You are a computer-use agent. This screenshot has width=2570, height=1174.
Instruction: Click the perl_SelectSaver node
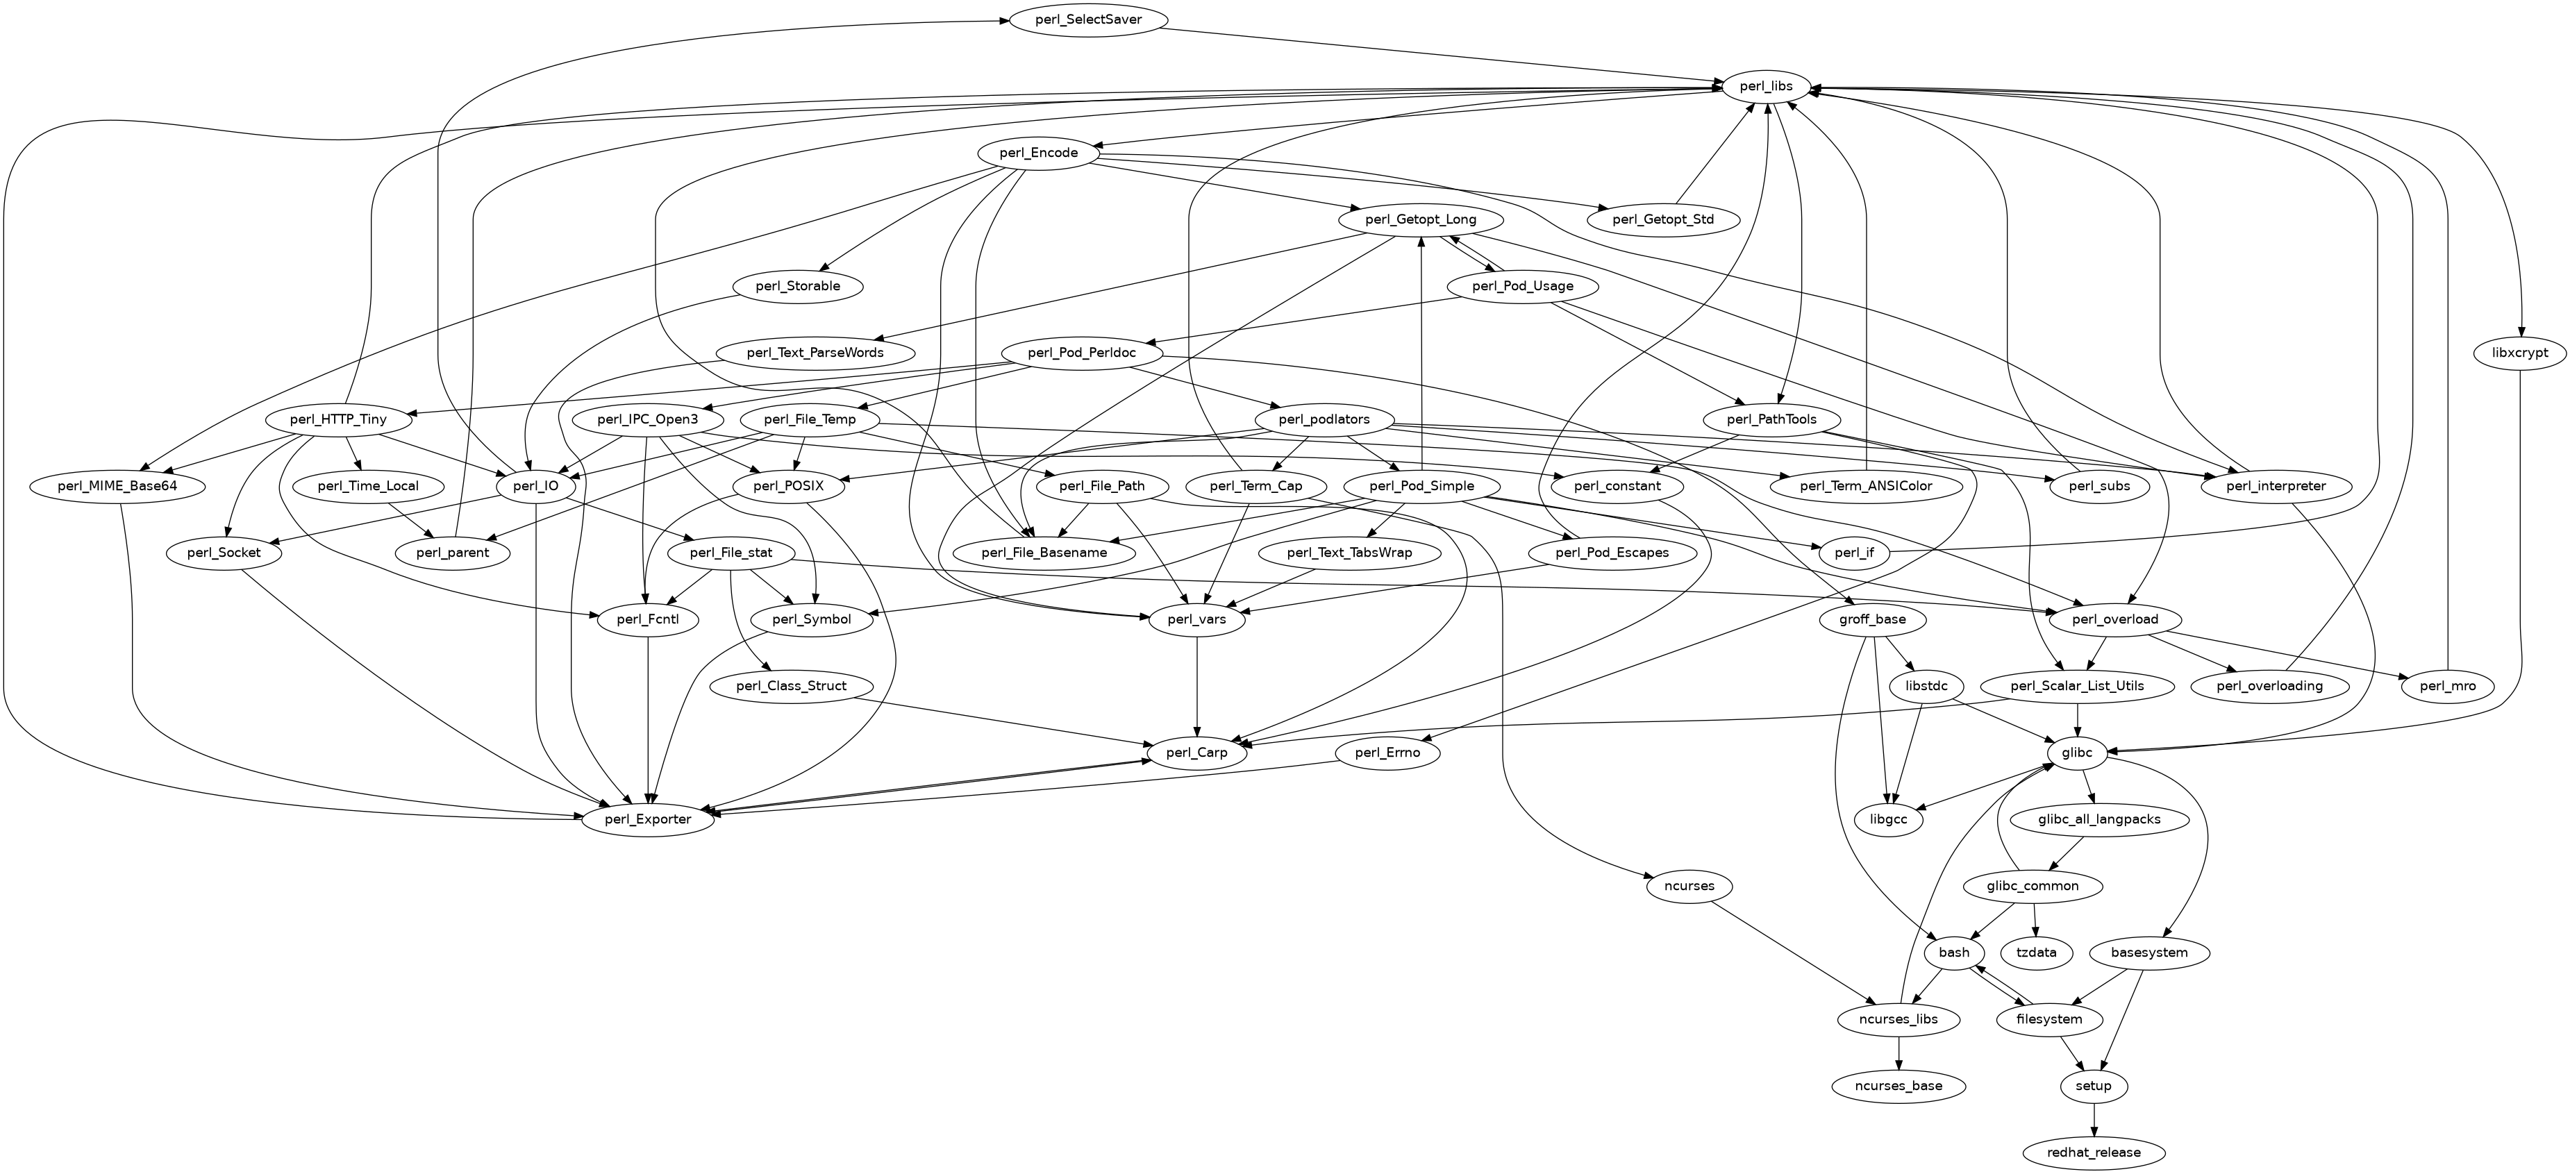click(1088, 20)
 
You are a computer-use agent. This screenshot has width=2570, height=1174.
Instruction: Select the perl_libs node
click(1766, 87)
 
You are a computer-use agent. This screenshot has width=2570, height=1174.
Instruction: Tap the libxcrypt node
click(2519, 353)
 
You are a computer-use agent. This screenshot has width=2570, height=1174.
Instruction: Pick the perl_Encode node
click(1037, 153)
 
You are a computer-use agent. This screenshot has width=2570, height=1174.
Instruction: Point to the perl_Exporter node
click(649, 820)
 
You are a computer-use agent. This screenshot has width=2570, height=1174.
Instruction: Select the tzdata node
click(2036, 953)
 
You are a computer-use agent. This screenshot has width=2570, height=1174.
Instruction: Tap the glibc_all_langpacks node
click(2099, 820)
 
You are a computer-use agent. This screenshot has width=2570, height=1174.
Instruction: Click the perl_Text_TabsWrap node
click(1349, 553)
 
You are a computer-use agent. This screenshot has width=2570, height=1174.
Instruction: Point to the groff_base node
click(1871, 619)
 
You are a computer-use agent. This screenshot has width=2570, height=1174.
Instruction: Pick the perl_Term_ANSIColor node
click(1866, 487)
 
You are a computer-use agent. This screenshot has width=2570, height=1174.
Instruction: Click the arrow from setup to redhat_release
click(2093, 1119)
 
